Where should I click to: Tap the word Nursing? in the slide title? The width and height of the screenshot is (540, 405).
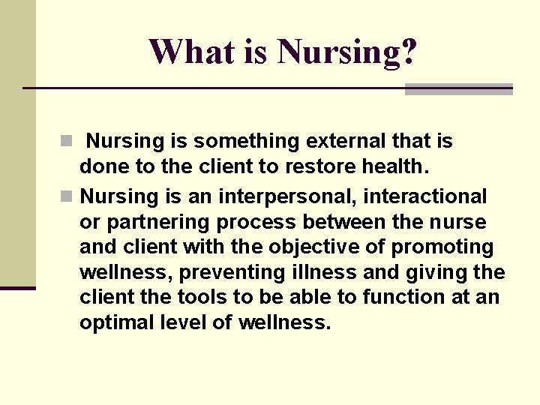(347, 52)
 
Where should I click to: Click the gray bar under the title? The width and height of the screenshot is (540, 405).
(458, 89)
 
